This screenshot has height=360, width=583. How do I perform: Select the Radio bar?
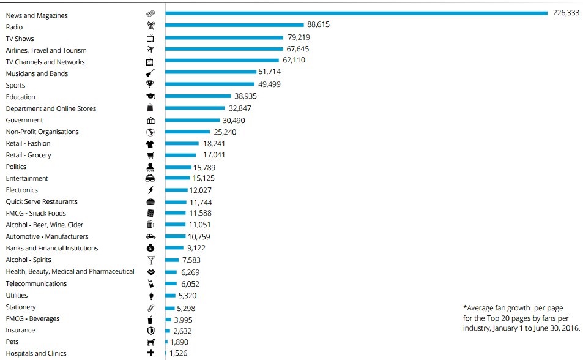click(234, 24)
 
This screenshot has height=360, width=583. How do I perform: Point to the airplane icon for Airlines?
click(150, 50)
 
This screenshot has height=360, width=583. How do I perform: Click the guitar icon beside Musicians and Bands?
click(150, 73)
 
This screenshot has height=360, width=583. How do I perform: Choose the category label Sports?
click(15, 85)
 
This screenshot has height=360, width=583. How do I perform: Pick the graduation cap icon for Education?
click(150, 97)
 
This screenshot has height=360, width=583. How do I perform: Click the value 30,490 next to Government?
click(234, 121)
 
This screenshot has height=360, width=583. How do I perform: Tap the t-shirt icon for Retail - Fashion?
click(150, 144)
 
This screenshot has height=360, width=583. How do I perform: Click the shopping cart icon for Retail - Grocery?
click(150, 156)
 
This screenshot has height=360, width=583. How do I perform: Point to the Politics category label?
click(16, 167)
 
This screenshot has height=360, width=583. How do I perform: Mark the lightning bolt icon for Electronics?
click(150, 190)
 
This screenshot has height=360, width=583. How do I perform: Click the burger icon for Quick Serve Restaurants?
click(150, 201)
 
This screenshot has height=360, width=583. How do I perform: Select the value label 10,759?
click(199, 237)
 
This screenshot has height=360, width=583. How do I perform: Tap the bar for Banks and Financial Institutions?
click(174, 248)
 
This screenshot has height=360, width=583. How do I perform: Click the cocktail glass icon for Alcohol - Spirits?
click(150, 260)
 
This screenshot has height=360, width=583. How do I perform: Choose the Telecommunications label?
click(36, 283)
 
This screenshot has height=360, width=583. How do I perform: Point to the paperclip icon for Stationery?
click(150, 307)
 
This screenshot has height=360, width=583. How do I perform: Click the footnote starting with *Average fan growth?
click(521, 318)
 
